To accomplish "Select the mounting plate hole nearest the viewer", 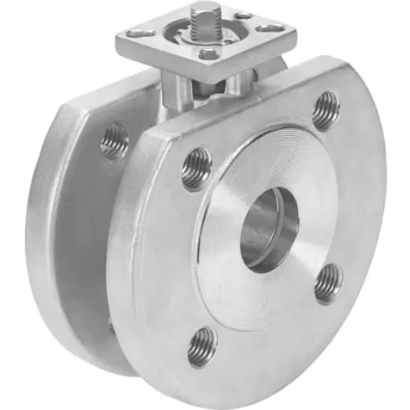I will tap(207, 54).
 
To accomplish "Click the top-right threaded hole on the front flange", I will tap(325, 110).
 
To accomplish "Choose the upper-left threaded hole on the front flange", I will tap(195, 168).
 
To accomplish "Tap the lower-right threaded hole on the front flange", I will tap(327, 283).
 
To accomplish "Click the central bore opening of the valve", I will tap(269, 228).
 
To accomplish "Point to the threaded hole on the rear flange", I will tap(114, 141).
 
